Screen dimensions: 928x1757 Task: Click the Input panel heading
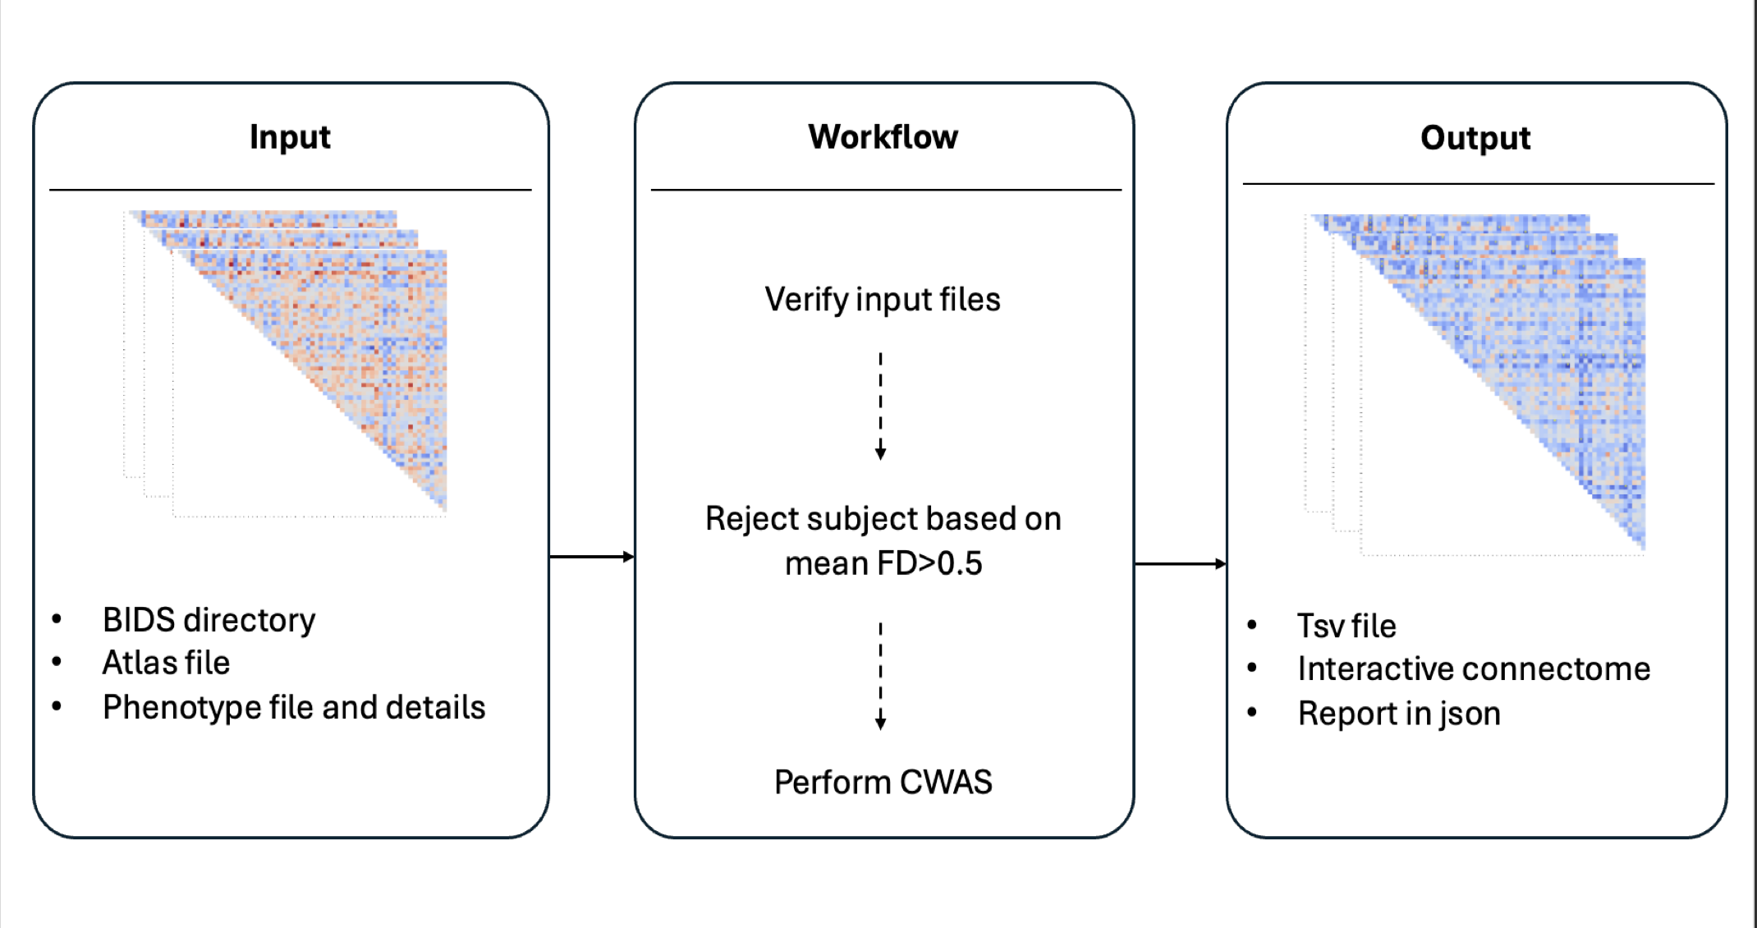click(x=290, y=137)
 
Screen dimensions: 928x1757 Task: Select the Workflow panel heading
click(x=883, y=137)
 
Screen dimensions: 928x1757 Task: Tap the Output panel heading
click(x=1475, y=138)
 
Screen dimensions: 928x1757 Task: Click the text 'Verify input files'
click(x=883, y=300)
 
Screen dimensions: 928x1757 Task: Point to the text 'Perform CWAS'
click(x=883, y=782)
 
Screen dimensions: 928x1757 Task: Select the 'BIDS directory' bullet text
click(x=209, y=620)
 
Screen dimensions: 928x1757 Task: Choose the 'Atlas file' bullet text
click(x=166, y=663)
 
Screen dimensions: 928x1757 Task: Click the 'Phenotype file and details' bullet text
click(x=294, y=707)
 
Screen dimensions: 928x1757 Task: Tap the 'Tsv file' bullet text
click(x=1346, y=626)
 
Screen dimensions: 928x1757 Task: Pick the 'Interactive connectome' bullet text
click(x=1474, y=668)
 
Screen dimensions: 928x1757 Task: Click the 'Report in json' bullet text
click(x=1399, y=714)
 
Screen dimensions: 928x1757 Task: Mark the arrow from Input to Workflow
click(x=591, y=557)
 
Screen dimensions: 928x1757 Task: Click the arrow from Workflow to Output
click(x=1180, y=564)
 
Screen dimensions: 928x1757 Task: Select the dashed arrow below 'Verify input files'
click(x=880, y=407)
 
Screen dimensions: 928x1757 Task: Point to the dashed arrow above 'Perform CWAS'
click(x=880, y=676)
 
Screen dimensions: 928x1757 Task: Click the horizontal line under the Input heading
click(x=290, y=190)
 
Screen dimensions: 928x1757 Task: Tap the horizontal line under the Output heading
click(x=1478, y=184)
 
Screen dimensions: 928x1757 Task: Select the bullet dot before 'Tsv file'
click(x=1252, y=625)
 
